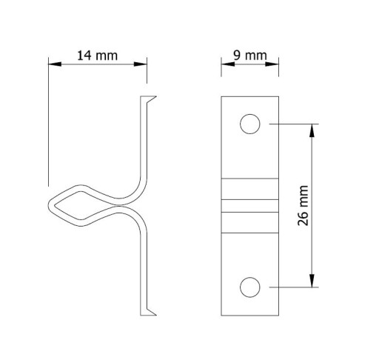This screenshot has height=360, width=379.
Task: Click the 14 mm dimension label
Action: [97, 56]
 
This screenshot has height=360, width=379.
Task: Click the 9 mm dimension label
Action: [250, 56]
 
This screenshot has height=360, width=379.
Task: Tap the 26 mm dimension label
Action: [303, 205]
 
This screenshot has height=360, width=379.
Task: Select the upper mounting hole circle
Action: [250, 114]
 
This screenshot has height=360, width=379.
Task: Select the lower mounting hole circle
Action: [250, 277]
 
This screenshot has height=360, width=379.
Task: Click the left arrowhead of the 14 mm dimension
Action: [55, 64]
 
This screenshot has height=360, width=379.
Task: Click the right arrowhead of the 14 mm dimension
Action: [140, 64]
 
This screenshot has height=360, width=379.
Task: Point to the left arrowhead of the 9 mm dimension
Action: [228, 64]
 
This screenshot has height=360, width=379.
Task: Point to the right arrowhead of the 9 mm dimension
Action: [272, 64]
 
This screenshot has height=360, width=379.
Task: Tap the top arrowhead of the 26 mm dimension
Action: [312, 130]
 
